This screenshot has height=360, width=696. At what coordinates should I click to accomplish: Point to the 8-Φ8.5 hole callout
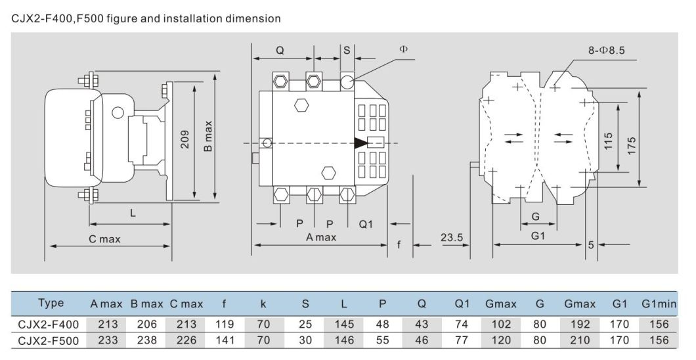pyautogui.click(x=605, y=49)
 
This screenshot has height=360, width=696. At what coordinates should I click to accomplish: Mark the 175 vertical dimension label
pyautogui.click(x=631, y=145)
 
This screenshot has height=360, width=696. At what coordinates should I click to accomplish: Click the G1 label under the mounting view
pyautogui.click(x=538, y=235)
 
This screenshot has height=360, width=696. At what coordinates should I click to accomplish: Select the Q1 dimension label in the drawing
pyautogui.click(x=366, y=224)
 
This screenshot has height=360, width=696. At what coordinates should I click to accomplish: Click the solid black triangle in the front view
pyautogui.click(x=360, y=143)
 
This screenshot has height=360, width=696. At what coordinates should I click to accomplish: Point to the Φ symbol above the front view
pyautogui.click(x=403, y=49)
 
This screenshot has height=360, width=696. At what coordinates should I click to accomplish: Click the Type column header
pyautogui.click(x=51, y=303)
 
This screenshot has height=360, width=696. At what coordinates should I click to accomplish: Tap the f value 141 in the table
pyautogui.click(x=224, y=340)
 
